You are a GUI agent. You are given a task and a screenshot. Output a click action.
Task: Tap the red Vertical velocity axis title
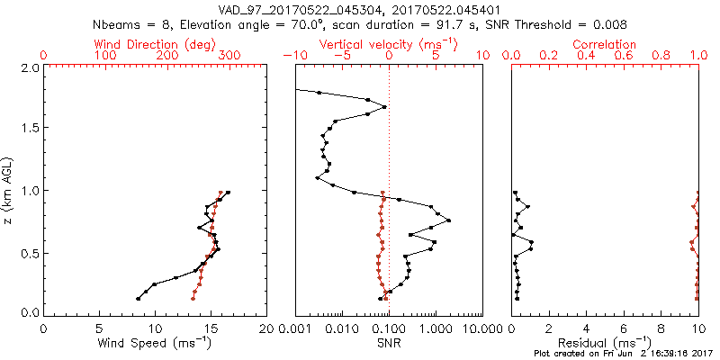pos(389,43)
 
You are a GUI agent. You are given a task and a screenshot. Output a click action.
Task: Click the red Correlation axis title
pos(604,43)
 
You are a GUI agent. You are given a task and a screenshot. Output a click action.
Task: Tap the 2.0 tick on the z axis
pos(30,67)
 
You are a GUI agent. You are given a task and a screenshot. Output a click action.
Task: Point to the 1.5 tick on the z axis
pos(30,128)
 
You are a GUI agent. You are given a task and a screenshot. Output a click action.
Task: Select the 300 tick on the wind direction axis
pos(229,56)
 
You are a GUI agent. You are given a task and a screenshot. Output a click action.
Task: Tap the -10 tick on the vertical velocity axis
pos(292,56)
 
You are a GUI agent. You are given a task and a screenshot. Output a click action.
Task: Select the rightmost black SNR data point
pos(448,220)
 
